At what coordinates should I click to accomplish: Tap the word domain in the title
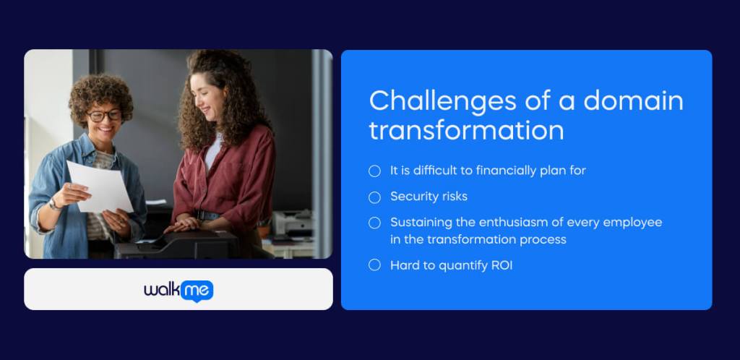[633, 100]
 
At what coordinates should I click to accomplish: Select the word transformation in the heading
[466, 129]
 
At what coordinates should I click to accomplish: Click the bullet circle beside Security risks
[375, 197]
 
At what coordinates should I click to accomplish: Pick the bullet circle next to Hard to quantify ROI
[375, 265]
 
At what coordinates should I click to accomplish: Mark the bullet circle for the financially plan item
[375, 171]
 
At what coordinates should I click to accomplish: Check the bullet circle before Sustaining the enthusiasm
[375, 223]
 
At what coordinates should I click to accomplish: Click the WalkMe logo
[178, 291]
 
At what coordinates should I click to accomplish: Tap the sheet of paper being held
[99, 187]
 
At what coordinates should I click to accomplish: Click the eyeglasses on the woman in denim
[104, 116]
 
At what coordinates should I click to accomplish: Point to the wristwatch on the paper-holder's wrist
[53, 204]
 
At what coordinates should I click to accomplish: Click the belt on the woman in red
[207, 215]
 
